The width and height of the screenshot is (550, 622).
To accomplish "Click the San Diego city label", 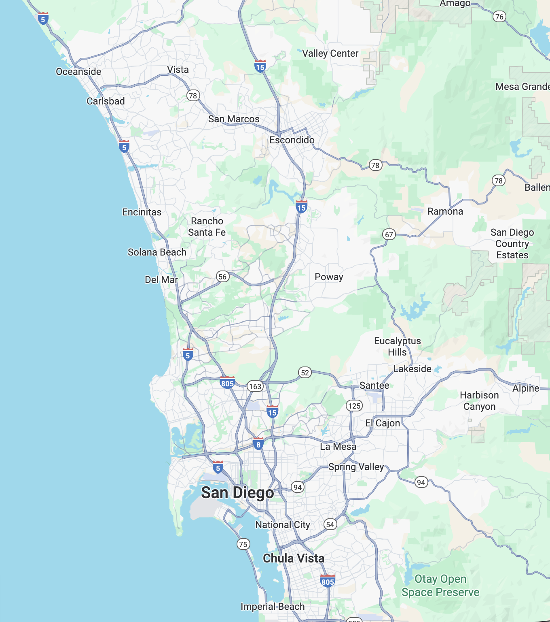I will click(x=237, y=493).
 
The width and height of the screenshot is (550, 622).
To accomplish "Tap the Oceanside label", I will click(x=78, y=72).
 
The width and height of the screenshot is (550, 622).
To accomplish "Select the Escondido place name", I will click(x=292, y=140).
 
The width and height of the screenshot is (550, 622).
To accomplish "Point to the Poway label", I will click(x=329, y=277).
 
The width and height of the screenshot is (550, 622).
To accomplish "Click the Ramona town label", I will click(x=445, y=211).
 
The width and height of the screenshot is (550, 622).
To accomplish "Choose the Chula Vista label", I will click(x=294, y=558).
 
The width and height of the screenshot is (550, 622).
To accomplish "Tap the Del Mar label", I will click(x=161, y=280).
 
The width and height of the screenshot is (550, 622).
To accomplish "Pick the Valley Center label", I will click(x=330, y=53).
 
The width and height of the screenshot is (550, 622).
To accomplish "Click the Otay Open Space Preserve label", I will click(x=440, y=586).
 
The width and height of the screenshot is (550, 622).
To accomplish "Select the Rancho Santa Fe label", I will click(x=207, y=227).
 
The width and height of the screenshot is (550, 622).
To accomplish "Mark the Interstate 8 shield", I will click(x=258, y=444).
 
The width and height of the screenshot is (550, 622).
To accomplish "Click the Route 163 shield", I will click(x=255, y=386).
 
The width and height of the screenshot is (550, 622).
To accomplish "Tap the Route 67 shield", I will click(x=389, y=234).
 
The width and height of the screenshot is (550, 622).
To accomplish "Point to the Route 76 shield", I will click(x=499, y=17).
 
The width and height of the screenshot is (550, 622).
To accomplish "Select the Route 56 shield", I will click(x=222, y=277).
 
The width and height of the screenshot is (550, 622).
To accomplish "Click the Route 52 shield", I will click(x=305, y=373).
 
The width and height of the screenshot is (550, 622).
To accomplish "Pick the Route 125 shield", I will click(x=354, y=406).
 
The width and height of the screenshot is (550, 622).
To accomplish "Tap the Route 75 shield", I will click(x=243, y=544).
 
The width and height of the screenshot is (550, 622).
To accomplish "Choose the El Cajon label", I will click(x=383, y=423).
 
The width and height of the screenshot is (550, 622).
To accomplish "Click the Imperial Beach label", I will click(x=273, y=607).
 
